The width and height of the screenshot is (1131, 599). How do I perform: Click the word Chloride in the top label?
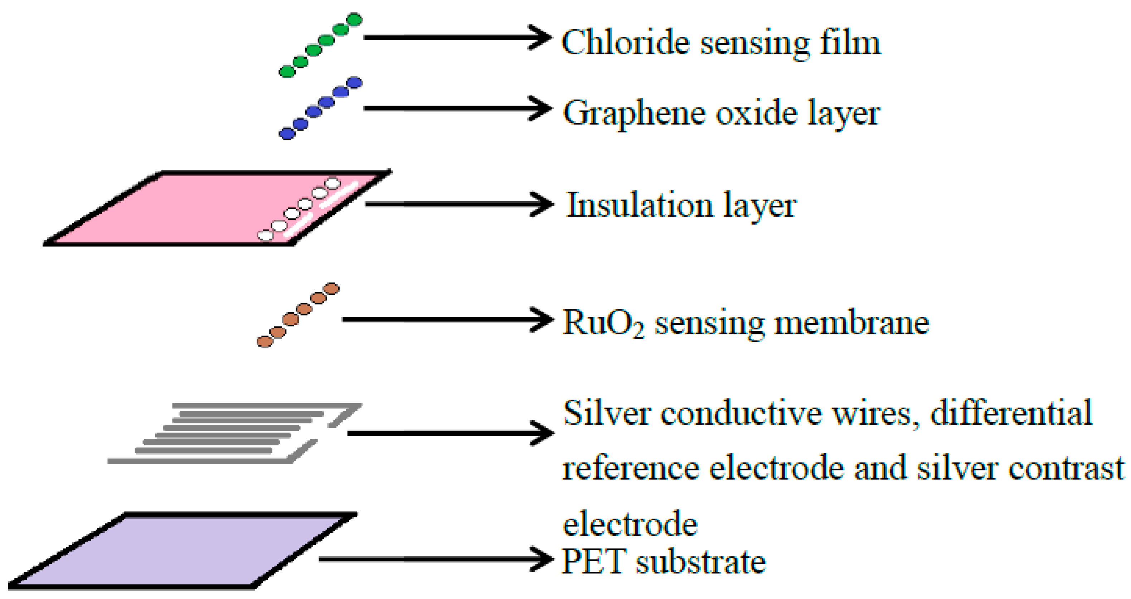click(x=625, y=43)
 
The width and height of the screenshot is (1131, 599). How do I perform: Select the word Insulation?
click(x=639, y=205)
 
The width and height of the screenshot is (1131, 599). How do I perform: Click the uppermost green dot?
click(x=354, y=20)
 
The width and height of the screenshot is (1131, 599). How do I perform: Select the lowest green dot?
click(x=287, y=71)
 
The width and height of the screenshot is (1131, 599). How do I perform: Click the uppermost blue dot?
click(x=354, y=83)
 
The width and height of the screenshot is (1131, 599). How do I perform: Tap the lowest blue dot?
click(x=287, y=134)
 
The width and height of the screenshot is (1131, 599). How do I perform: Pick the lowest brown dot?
click(x=265, y=342)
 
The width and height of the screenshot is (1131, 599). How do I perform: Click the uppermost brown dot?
click(x=331, y=289)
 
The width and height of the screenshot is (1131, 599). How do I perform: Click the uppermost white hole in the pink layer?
click(x=333, y=183)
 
